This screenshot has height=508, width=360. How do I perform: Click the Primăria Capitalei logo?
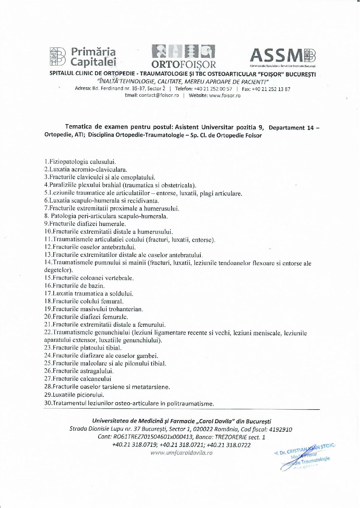coord(83,56)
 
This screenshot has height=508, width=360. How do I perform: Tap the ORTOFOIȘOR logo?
coord(183,56)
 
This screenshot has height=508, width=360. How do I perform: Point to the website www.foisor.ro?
coord(224,95)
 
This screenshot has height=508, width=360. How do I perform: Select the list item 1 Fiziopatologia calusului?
coord(80,162)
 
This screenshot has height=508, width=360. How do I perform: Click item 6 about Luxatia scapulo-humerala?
coord(102,201)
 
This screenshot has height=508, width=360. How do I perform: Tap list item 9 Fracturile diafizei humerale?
coord(85,224)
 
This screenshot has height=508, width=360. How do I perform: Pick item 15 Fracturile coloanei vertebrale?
coord(89,278)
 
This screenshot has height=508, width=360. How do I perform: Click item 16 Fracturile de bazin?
coord(74,286)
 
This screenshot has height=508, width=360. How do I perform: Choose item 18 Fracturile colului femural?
coord(84,301)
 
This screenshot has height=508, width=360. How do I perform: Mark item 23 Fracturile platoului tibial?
coord(83,348)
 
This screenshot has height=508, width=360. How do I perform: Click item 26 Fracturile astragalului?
coord(79,371)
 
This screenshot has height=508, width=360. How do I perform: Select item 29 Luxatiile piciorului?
coord(74,395)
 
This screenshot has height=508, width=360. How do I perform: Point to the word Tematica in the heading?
coord(78,127)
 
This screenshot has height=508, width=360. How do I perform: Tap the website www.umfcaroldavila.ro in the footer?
coord(181,453)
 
